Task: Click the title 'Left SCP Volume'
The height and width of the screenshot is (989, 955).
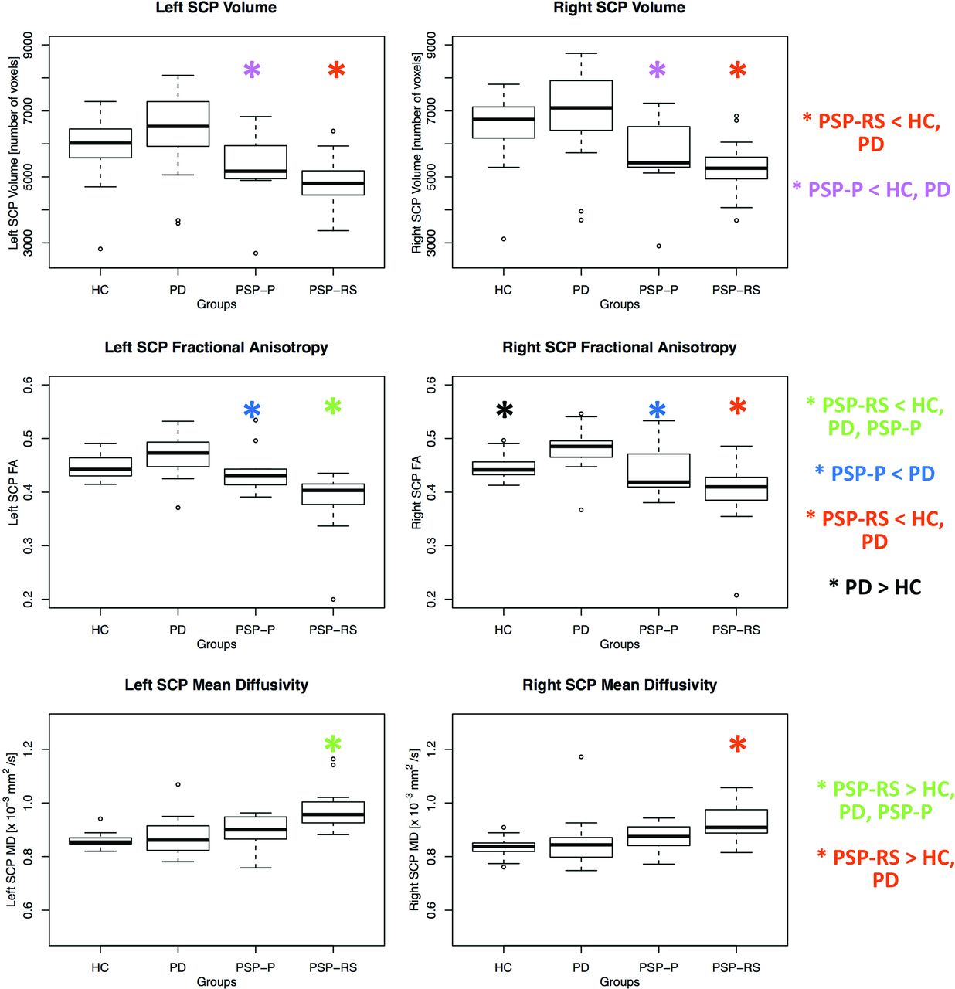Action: [x=216, y=8]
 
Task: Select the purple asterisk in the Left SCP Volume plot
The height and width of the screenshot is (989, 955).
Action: [x=252, y=71]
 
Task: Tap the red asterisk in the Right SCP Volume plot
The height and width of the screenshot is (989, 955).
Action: [x=737, y=71]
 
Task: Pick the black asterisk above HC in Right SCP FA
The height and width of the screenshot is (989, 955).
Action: [x=504, y=411]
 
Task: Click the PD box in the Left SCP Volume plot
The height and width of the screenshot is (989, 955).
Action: [x=178, y=124]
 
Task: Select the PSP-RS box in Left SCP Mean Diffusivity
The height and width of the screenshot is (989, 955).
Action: [x=333, y=812]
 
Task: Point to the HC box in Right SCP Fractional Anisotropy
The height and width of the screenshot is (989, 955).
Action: [x=504, y=468]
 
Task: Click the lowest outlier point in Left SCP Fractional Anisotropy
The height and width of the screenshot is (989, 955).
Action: [x=333, y=600]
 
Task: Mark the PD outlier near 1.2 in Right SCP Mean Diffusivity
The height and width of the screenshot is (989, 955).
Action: [x=581, y=757]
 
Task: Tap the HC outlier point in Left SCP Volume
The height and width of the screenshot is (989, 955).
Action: [x=100, y=249]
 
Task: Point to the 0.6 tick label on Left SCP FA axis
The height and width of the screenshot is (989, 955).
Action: [x=28, y=385]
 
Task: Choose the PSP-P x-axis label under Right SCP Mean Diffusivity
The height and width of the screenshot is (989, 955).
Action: [x=658, y=967]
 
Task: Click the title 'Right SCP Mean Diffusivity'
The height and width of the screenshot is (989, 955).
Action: [x=620, y=685]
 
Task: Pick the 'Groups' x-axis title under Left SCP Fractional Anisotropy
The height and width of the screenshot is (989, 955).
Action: [x=216, y=644]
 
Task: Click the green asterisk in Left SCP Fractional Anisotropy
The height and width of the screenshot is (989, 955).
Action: [x=333, y=407]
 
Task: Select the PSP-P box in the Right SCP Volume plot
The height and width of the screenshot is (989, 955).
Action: [x=658, y=147]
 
